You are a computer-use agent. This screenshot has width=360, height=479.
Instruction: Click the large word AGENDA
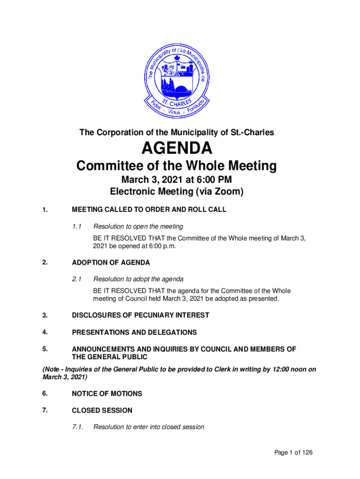[x=177, y=149]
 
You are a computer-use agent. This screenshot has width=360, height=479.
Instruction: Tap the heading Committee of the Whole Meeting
[x=177, y=166]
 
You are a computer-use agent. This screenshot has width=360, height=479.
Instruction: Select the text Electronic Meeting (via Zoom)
[x=177, y=191]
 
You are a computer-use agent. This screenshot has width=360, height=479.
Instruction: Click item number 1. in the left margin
[x=45, y=210]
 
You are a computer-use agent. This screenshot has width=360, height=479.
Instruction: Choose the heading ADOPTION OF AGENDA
[x=111, y=263]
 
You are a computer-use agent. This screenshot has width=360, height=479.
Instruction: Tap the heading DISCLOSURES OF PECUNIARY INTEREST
[x=140, y=315]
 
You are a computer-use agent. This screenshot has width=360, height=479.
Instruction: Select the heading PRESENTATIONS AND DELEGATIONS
[x=134, y=333]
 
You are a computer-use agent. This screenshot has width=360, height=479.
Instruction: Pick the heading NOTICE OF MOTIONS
[x=107, y=394]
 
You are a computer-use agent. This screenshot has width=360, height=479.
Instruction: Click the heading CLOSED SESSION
[x=102, y=411]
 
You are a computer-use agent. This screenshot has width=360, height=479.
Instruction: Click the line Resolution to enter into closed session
[x=149, y=427]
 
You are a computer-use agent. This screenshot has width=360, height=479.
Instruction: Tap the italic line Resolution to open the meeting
[x=138, y=227]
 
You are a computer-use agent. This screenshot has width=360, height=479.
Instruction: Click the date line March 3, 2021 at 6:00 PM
[x=177, y=180]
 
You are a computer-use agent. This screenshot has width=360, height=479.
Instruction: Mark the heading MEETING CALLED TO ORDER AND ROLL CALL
[x=149, y=210]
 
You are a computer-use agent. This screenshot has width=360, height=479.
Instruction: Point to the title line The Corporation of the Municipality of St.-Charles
[x=177, y=133]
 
